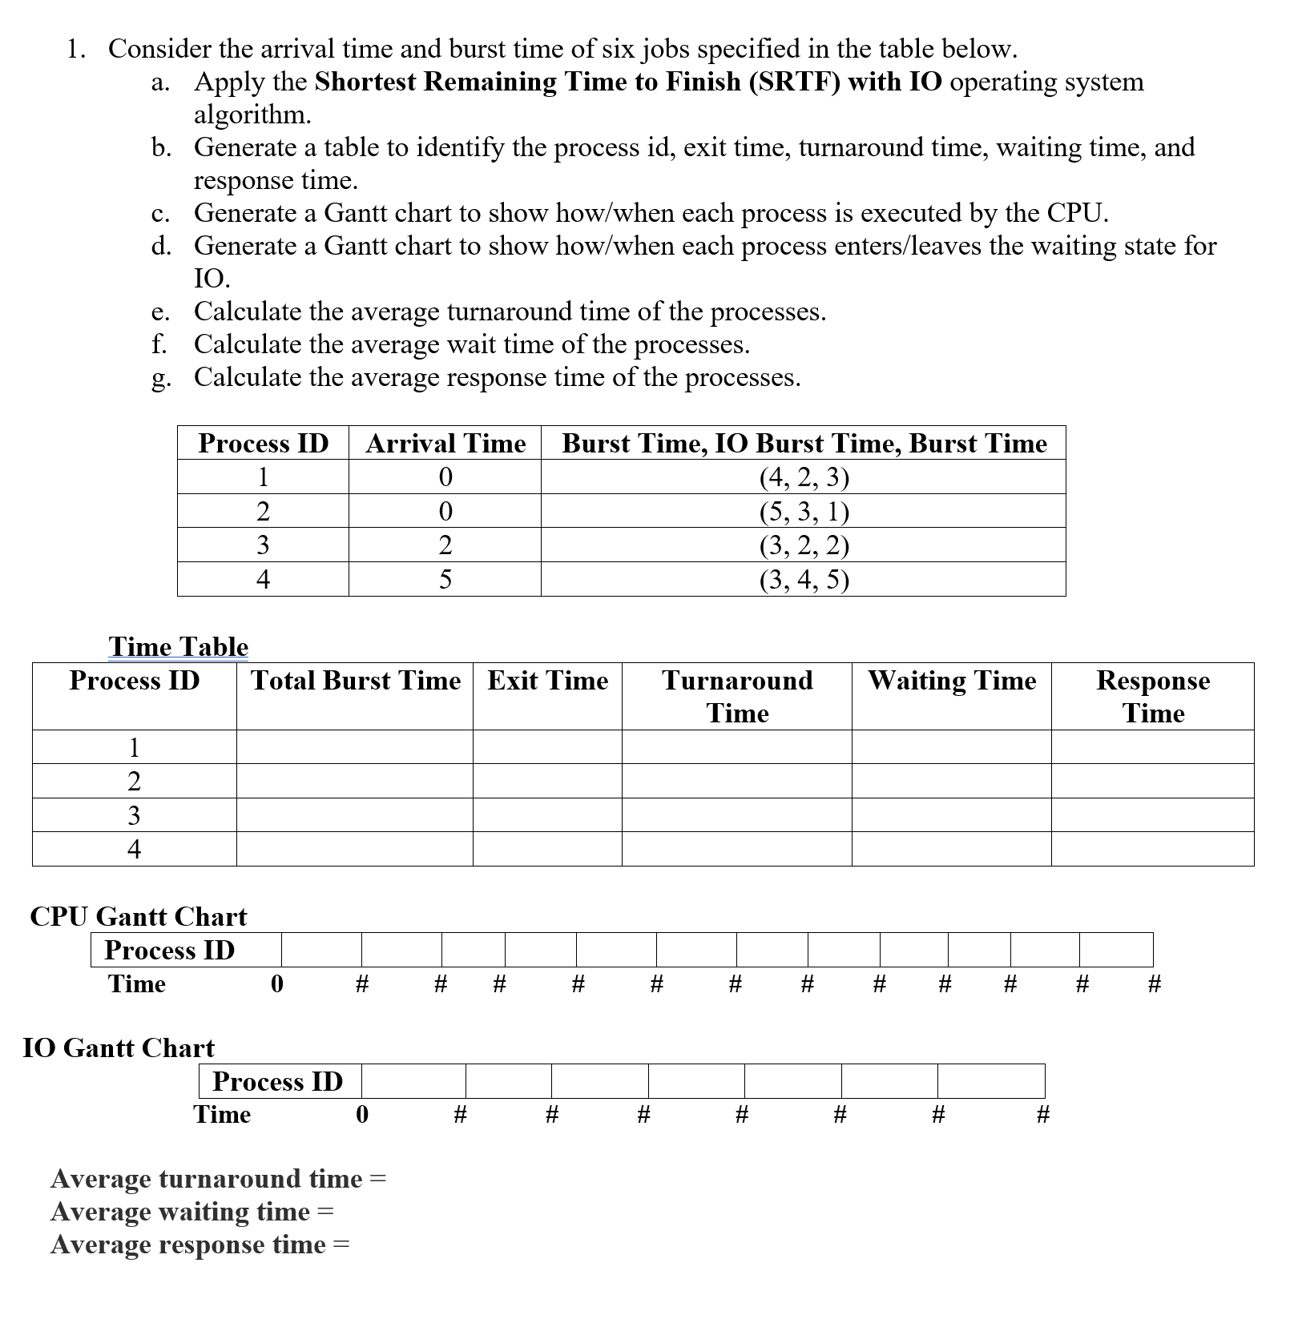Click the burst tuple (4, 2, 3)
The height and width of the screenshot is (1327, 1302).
[x=804, y=477]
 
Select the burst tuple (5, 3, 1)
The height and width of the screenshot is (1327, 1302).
[x=804, y=511]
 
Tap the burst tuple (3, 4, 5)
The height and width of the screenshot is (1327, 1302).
[x=804, y=579]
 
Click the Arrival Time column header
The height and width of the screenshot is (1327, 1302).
[x=445, y=443]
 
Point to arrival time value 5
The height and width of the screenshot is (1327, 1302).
[x=445, y=579]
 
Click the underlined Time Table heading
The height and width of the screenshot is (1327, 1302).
[x=178, y=646]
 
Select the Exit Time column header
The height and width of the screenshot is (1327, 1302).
[x=547, y=681]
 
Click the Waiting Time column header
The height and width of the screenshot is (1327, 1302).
[x=951, y=681]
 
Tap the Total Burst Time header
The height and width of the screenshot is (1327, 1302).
[x=355, y=681]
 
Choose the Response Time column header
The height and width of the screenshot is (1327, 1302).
[x=1152, y=696]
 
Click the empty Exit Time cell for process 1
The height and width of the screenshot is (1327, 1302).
[x=547, y=747]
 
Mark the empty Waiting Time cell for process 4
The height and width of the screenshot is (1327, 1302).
[x=951, y=849]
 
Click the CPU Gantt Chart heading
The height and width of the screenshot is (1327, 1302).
[x=138, y=916]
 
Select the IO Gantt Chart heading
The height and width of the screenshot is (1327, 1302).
[x=119, y=1048]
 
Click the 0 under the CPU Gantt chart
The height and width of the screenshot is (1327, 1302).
[x=277, y=983]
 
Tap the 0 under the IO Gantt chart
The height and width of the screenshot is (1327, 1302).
[x=362, y=1114]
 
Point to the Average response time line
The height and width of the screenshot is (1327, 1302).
[x=200, y=1245]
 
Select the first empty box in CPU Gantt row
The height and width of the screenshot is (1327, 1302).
[x=321, y=950]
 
